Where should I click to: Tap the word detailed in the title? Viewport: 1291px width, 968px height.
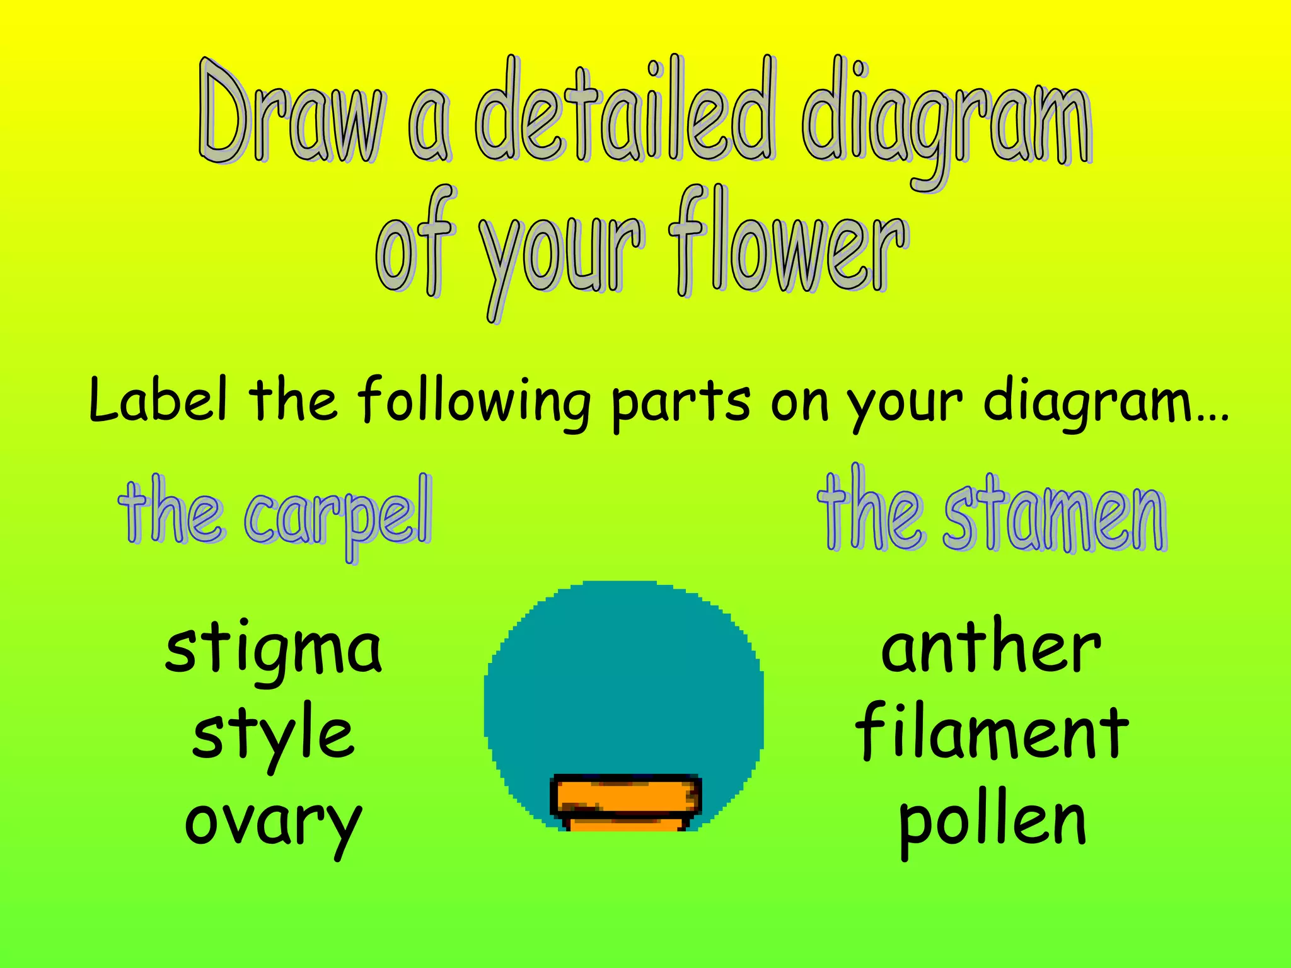(624, 110)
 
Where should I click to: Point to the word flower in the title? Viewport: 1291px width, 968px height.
(788, 246)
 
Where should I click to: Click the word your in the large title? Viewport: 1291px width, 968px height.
(561, 258)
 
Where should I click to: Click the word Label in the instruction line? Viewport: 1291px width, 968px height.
(158, 400)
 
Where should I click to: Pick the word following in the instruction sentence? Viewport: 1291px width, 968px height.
(473, 403)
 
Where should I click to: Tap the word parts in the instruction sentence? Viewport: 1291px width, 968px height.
(681, 403)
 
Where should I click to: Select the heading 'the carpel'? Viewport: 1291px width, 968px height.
(275, 514)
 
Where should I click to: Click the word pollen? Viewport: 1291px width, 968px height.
(992, 822)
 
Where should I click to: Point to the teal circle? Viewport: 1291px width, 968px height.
(624, 681)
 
